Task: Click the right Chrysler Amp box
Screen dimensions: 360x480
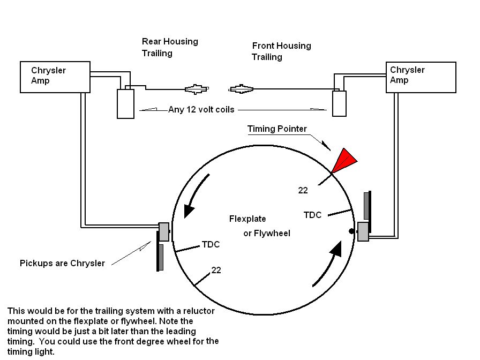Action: click(421, 77)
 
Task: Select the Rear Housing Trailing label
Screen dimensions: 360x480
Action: click(169, 47)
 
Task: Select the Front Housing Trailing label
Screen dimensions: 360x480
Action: click(281, 51)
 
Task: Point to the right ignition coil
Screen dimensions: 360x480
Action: click(340, 103)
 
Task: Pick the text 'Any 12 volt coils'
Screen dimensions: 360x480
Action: click(201, 110)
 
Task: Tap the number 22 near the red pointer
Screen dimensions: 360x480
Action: click(303, 190)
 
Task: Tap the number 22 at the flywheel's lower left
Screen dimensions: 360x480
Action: click(216, 270)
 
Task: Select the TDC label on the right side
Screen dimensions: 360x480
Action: click(312, 215)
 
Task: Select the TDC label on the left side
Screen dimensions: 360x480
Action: click(211, 244)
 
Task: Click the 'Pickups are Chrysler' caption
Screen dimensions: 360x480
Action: click(62, 263)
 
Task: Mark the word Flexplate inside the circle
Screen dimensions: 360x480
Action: click(247, 219)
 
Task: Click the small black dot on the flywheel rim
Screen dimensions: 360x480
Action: click(351, 231)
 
